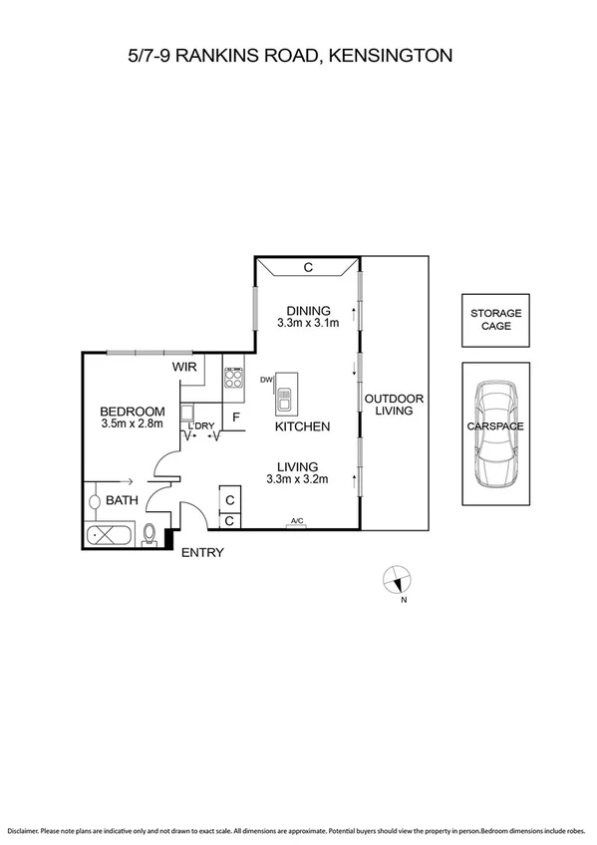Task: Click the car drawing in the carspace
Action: point(495,434)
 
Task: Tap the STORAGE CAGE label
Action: point(495,320)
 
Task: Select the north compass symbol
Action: point(398,580)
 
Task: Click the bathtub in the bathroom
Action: point(111,534)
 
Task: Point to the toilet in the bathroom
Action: point(149,535)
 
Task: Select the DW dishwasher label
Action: point(266,380)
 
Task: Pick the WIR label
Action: point(185,368)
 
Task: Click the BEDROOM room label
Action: point(132,412)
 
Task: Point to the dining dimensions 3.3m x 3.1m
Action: point(308,323)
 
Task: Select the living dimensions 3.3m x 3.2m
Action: point(299,479)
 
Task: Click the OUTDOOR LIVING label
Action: point(394,404)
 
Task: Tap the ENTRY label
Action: point(202,553)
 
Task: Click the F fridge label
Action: point(236,418)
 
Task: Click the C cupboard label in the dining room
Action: point(308,267)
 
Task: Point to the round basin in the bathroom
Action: point(96,501)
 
